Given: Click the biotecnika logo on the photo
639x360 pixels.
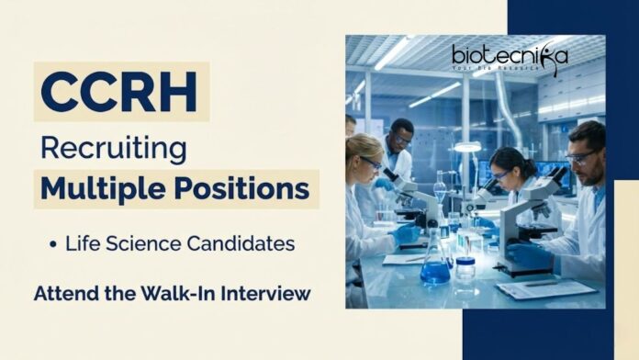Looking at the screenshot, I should [x=510, y=57].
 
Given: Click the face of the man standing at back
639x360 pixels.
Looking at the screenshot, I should [x=401, y=141].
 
